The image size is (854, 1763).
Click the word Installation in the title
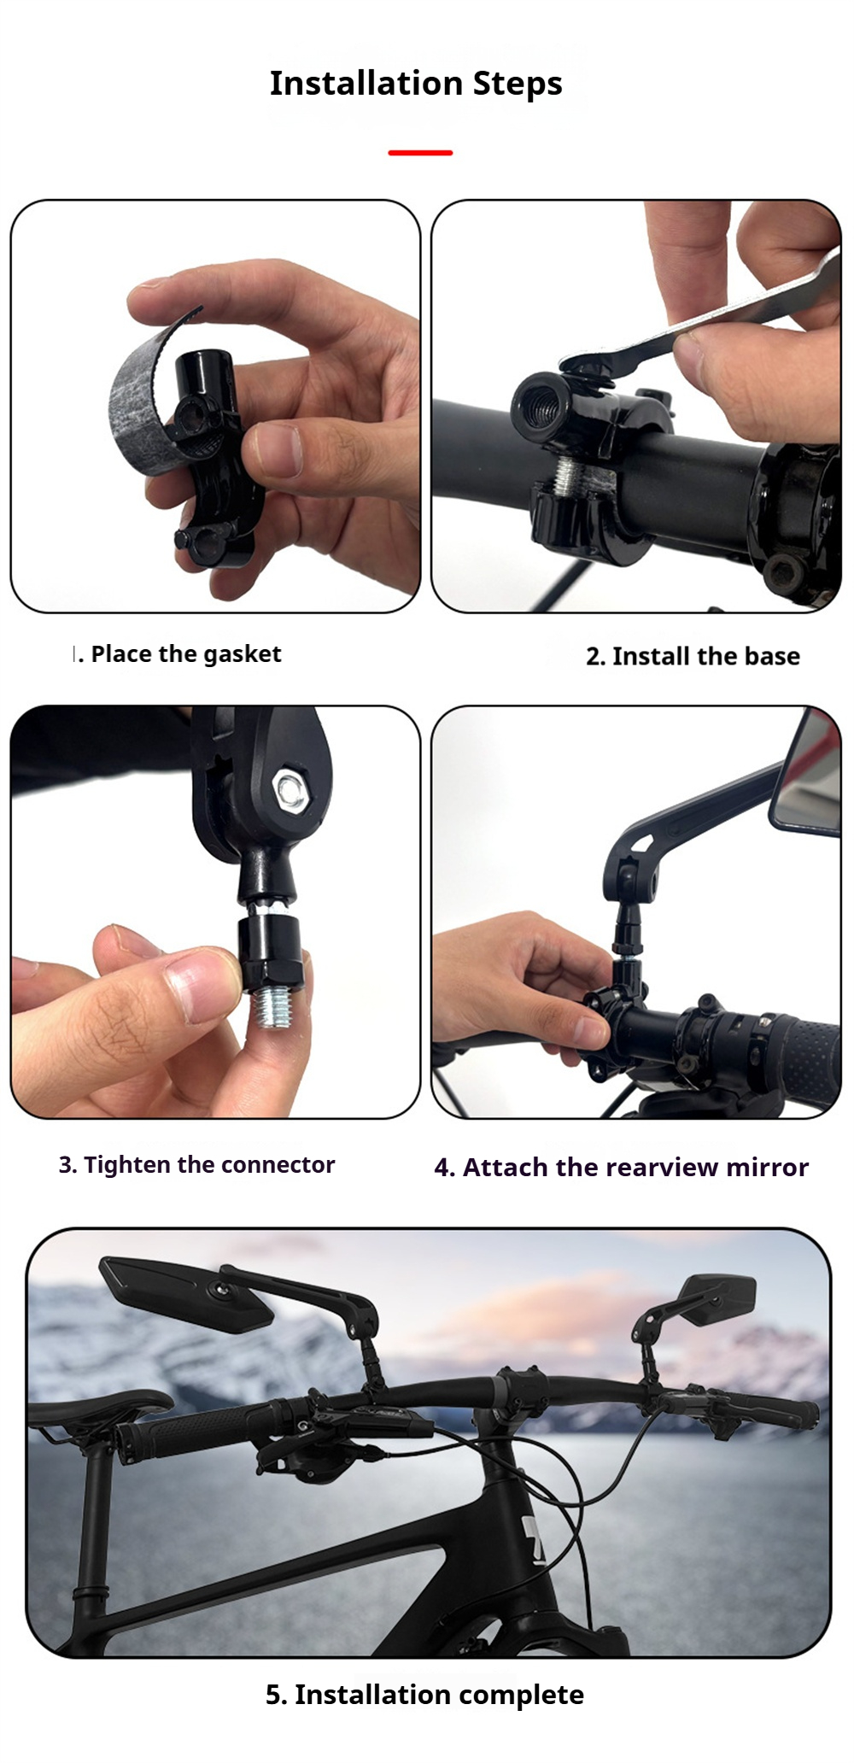(366, 84)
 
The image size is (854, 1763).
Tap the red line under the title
(420, 153)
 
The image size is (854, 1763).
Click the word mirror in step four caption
(767, 1168)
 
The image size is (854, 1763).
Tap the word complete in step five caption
(517, 1695)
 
